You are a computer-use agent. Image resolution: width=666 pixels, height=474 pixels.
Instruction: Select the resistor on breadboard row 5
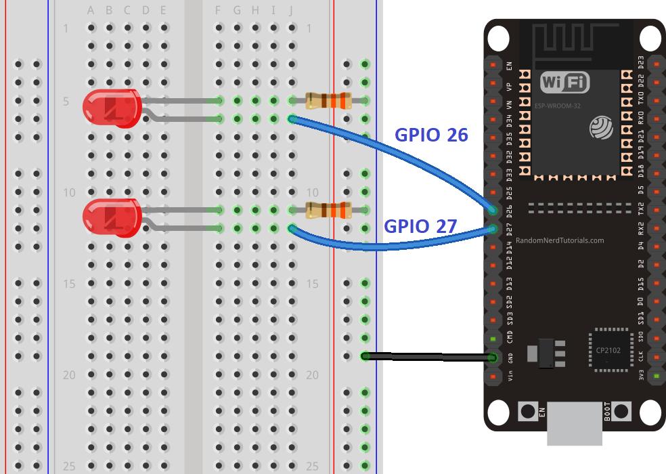click(x=328, y=101)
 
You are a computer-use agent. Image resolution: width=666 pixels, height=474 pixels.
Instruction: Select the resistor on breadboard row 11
click(x=328, y=210)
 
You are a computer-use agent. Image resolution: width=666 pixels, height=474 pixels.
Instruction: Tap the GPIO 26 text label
click(x=431, y=135)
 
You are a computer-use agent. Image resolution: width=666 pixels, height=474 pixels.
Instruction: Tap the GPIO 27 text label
click(x=420, y=226)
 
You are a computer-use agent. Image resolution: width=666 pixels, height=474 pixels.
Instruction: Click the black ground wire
click(x=426, y=356)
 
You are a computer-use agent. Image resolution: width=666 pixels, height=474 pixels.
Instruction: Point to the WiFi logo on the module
click(x=564, y=83)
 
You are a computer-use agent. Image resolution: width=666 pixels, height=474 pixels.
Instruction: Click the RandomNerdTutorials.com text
click(x=559, y=240)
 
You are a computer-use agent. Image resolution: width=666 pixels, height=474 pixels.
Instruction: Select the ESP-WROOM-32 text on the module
click(x=556, y=106)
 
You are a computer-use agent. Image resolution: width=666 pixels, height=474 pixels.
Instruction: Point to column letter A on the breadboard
click(x=91, y=10)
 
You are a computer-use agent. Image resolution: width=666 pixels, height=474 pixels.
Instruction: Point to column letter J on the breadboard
click(x=291, y=10)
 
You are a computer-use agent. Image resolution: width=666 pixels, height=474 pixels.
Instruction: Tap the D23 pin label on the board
click(x=641, y=63)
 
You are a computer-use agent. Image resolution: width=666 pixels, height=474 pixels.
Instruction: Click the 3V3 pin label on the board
click(x=641, y=374)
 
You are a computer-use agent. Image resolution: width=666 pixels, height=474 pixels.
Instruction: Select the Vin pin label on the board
click(x=509, y=374)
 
